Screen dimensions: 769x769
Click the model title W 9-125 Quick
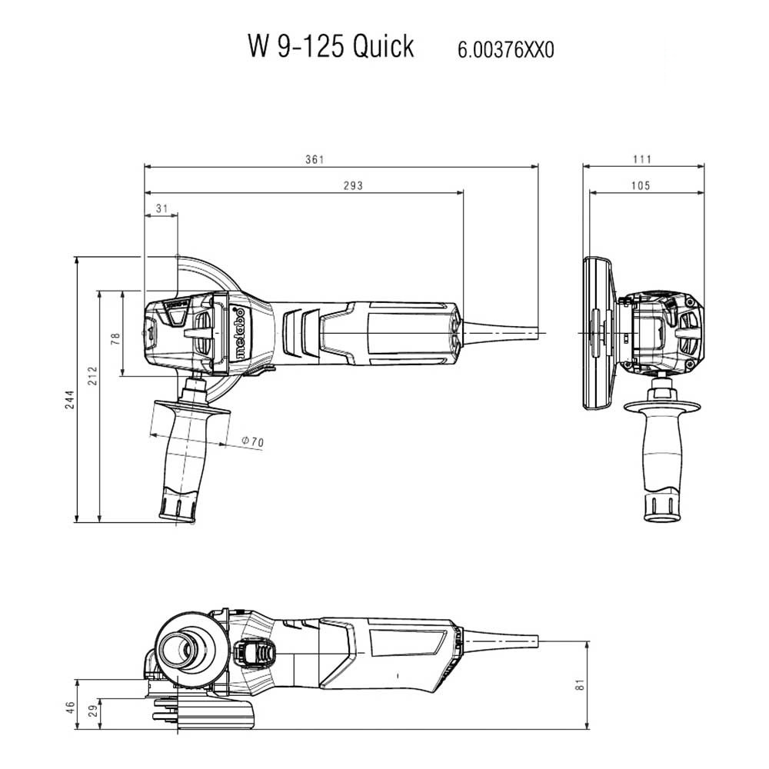tap(331, 47)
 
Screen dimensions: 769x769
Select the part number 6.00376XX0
tap(506, 50)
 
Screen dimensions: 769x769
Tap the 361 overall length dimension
tap(315, 159)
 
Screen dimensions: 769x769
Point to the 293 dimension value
tap(353, 185)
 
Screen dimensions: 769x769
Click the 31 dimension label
tap(161, 208)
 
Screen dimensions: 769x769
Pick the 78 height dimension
tap(115, 338)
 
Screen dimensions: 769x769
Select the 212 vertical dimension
tap(93, 376)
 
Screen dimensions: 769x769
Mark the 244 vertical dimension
tap(70, 400)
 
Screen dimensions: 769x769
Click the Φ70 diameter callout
tap(252, 441)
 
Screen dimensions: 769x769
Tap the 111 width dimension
tap(642, 159)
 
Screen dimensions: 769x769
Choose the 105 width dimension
tap(641, 185)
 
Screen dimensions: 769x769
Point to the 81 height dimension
tap(581, 684)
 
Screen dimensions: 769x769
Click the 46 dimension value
tap(70, 707)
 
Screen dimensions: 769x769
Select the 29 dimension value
tap(93, 711)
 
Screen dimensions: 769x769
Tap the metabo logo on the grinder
tap(239, 334)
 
